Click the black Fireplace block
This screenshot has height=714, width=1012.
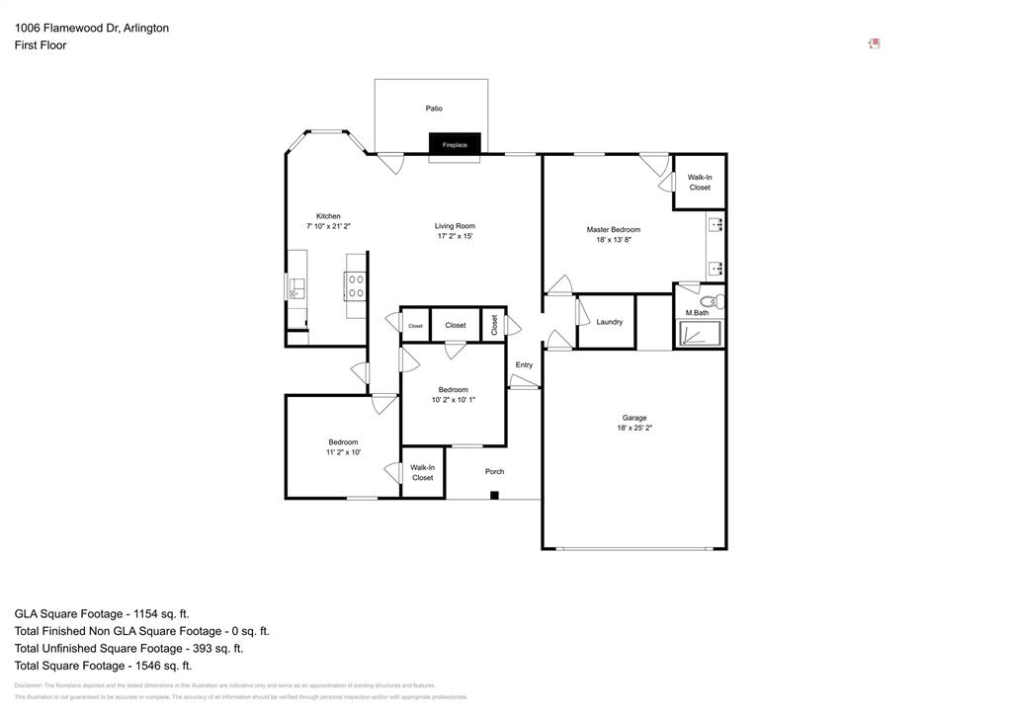455,144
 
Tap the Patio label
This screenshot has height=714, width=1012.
434,109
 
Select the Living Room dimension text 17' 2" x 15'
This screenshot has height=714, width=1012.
455,237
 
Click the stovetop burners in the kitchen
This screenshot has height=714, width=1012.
356,286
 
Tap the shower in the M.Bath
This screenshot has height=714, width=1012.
698,334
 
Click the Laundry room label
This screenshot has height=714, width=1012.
610,322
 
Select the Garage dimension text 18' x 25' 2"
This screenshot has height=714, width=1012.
634,429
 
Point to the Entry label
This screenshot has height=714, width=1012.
524,365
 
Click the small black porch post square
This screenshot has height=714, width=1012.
495,495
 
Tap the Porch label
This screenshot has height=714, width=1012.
494,472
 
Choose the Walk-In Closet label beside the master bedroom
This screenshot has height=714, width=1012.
700,182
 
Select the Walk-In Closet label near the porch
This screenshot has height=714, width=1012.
422,472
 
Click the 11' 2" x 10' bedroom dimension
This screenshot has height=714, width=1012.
343,452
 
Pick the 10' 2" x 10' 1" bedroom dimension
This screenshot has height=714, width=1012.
454,400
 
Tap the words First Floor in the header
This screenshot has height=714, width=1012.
41,45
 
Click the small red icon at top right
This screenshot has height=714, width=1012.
874,43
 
